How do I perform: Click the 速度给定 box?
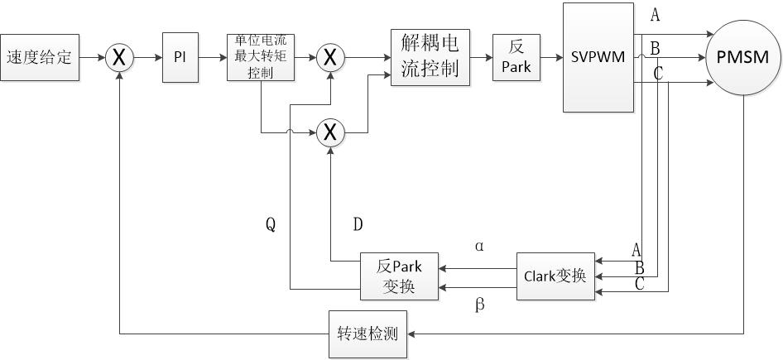[x=40, y=57]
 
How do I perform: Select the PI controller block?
[x=180, y=58]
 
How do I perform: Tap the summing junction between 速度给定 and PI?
[x=120, y=58]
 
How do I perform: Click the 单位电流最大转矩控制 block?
[x=261, y=57]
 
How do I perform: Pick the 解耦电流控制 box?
[x=430, y=57]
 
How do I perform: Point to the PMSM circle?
[x=743, y=58]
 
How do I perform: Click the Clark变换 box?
[x=555, y=276]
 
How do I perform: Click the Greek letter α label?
[x=480, y=246]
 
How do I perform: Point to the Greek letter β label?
[x=480, y=305]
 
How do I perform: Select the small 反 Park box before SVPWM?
[x=516, y=57]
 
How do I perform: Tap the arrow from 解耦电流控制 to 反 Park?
[x=481, y=58]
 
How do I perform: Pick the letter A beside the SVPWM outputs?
[x=656, y=14]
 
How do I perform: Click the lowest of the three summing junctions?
[x=330, y=131]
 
